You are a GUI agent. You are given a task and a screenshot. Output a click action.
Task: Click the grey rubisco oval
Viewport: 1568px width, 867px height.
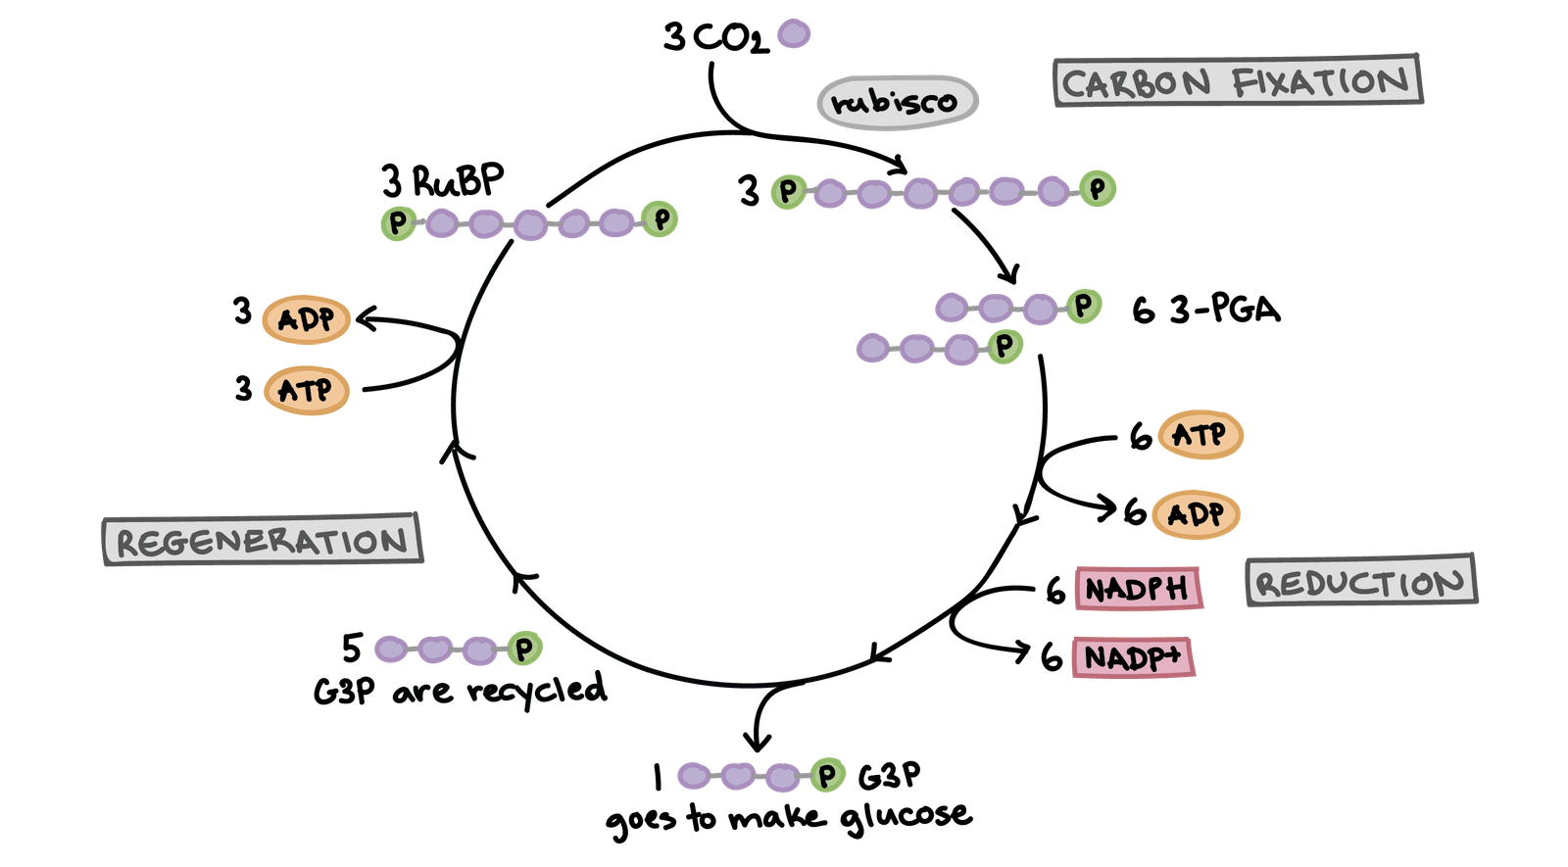tap(897, 101)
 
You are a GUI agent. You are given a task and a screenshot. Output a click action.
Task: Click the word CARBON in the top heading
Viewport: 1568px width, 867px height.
tap(1137, 83)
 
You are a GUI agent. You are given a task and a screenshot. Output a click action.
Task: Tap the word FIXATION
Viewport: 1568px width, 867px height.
tap(1320, 81)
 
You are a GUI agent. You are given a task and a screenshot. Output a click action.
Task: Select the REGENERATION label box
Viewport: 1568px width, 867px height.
tap(262, 540)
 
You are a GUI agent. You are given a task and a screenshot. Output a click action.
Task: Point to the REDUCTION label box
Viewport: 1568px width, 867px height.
tap(1360, 582)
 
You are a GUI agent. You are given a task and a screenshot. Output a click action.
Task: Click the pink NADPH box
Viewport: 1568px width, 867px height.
tap(1137, 589)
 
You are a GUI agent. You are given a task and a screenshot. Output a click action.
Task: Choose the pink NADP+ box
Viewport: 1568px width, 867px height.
tap(1132, 657)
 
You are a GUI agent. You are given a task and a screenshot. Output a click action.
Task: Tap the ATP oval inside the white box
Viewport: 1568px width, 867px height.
tap(306, 391)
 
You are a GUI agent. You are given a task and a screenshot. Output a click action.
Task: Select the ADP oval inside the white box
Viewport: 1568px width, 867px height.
tap(306, 319)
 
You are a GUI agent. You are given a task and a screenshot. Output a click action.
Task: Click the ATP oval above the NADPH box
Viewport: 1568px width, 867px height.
tap(1200, 435)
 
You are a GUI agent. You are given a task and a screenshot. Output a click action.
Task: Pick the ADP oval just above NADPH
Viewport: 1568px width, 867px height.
tap(1196, 514)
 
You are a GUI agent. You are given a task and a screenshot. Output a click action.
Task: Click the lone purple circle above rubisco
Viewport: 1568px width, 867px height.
tap(793, 34)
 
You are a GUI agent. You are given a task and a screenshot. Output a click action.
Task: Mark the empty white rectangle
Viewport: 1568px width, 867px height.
tap(269, 199)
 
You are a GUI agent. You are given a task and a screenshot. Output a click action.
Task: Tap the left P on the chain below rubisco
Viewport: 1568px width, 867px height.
tap(787, 190)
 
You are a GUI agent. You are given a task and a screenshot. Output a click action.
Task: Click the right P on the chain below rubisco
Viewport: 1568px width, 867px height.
tap(1098, 187)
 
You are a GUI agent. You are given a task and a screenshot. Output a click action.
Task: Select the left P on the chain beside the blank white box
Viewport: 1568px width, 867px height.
tap(397, 222)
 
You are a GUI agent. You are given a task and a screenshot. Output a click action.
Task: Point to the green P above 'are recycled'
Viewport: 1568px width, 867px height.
tap(524, 648)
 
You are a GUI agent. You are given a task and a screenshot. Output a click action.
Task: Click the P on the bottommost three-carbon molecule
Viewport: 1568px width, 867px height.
tap(827, 776)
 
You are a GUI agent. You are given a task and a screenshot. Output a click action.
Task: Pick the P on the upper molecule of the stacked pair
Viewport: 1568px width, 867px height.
tap(1083, 305)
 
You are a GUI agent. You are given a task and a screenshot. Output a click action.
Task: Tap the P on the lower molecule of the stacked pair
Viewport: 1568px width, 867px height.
tap(1004, 345)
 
